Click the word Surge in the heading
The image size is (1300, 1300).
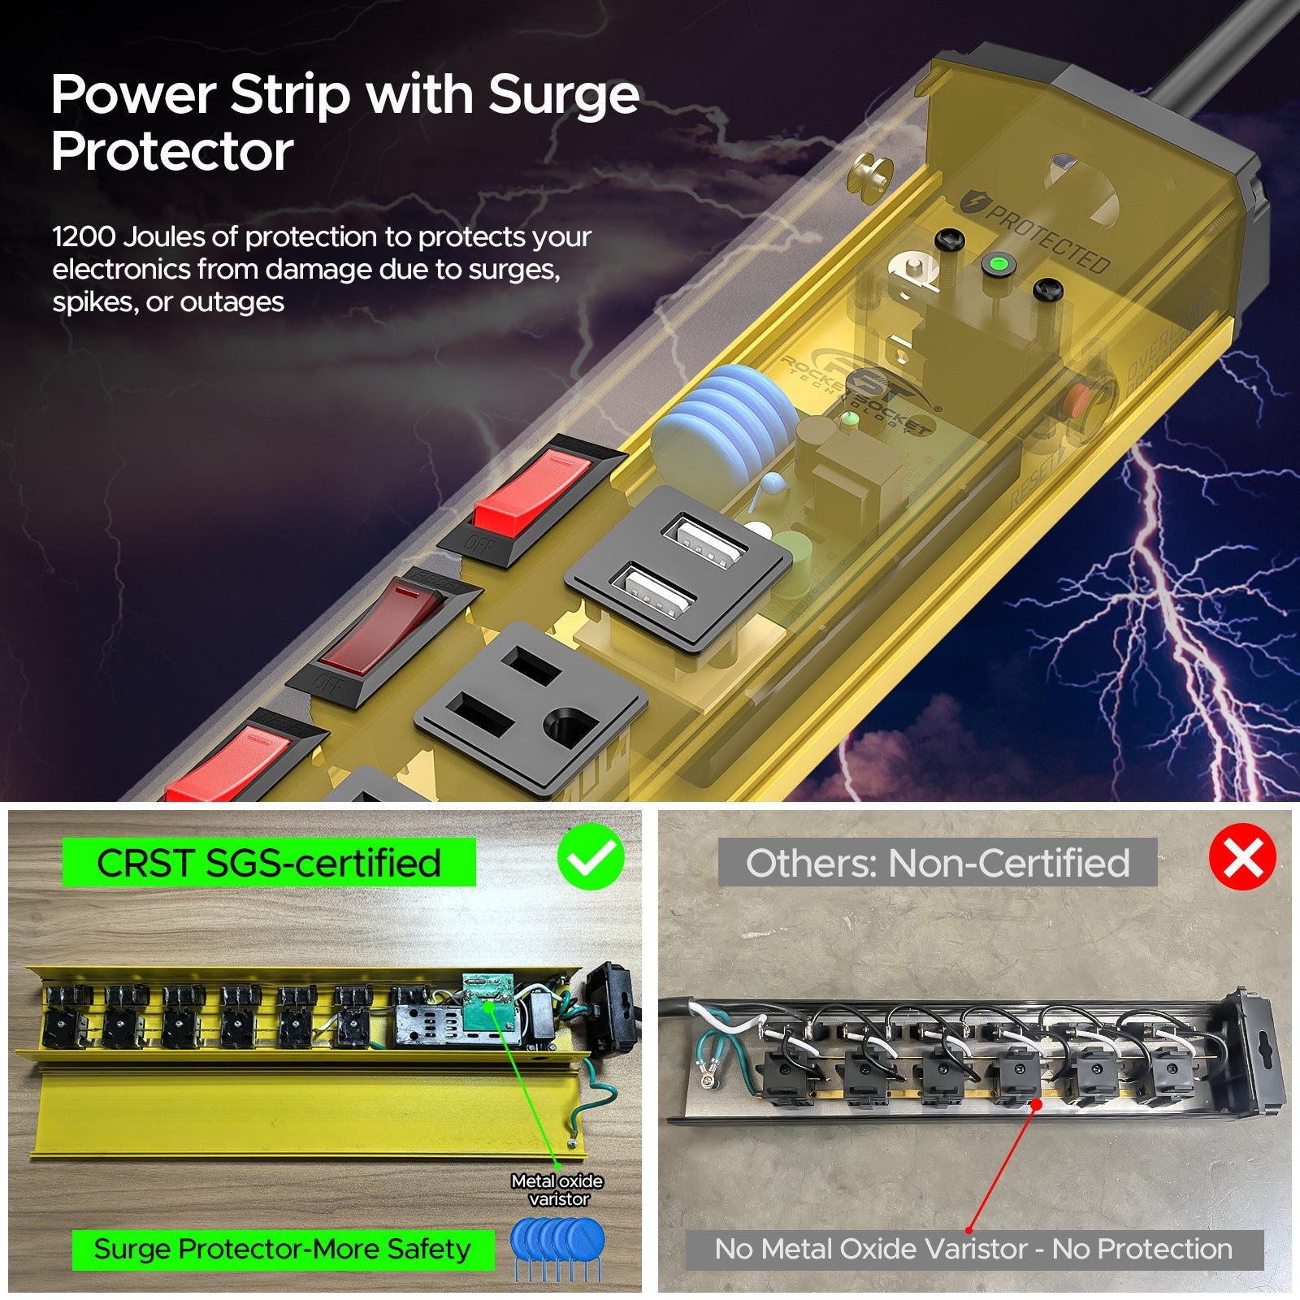tap(563, 96)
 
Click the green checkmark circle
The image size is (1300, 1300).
tap(591, 856)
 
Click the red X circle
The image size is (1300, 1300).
tap(1242, 856)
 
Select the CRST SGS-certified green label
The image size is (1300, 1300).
tap(269, 863)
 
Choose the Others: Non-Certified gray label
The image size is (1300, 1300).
tap(938, 863)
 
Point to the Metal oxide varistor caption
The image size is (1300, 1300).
tap(557, 1190)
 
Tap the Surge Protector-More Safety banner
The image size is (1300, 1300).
tap(282, 1249)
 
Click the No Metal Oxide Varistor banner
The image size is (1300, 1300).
tap(973, 1249)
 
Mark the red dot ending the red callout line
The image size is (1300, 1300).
tap(1036, 1104)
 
